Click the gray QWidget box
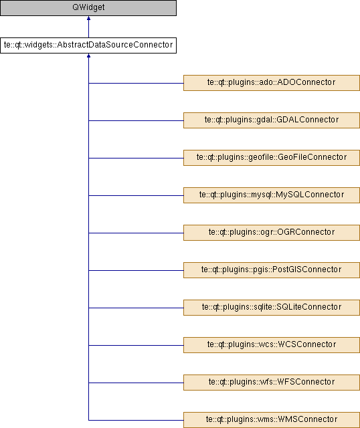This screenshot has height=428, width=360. pyautogui.click(x=88, y=7)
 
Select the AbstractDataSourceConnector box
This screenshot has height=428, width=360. pyautogui.click(x=88, y=45)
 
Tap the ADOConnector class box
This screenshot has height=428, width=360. pyautogui.click(x=272, y=83)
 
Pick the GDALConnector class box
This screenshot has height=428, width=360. pyautogui.click(x=272, y=120)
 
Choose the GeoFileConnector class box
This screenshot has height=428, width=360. pyautogui.click(x=272, y=158)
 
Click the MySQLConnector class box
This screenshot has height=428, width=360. pyautogui.click(x=272, y=195)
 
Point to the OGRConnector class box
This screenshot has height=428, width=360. pyautogui.click(x=272, y=233)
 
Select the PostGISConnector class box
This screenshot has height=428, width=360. pyautogui.click(x=272, y=270)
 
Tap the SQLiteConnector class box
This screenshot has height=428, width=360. pyautogui.click(x=272, y=308)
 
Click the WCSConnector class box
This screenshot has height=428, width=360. pyautogui.click(x=272, y=345)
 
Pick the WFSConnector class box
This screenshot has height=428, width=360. pyautogui.click(x=272, y=383)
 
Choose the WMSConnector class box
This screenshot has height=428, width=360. pyautogui.click(x=272, y=420)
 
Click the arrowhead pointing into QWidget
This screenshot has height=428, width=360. pyautogui.click(x=88, y=18)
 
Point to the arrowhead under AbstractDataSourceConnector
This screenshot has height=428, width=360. pyautogui.click(x=88, y=56)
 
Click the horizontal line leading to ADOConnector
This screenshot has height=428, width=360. pyautogui.click(x=136, y=83)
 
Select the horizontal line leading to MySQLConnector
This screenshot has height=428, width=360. pyautogui.click(x=136, y=195)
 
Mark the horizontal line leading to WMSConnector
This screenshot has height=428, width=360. pyautogui.click(x=136, y=420)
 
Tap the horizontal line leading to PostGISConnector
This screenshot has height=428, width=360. pyautogui.click(x=136, y=270)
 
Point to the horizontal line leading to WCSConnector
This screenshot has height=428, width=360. pyautogui.click(x=136, y=345)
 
